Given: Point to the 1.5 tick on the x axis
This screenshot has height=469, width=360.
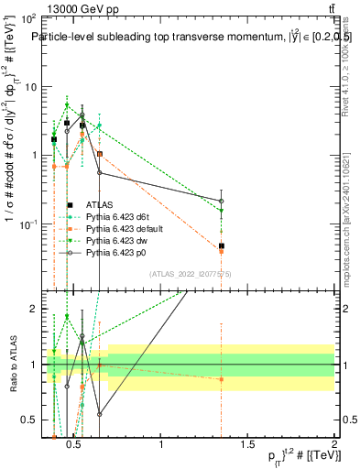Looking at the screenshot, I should (248, 444).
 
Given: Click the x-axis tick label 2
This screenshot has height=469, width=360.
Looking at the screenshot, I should (334, 444).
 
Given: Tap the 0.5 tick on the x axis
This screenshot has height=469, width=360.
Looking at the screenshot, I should (75, 444).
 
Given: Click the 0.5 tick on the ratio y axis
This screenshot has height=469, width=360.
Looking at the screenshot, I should (29, 420).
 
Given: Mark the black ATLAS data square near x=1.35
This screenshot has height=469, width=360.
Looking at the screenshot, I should (222, 245).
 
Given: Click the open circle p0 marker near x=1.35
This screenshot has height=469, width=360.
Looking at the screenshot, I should (222, 201).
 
